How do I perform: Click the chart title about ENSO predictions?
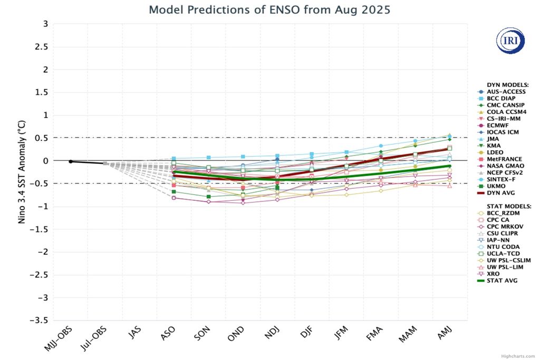pos(269,9)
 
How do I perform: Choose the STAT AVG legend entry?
pos(499,280)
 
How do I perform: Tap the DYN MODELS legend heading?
pos(500,84)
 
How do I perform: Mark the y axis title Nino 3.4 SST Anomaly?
pos(22,172)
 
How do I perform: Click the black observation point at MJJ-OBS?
pos(71,161)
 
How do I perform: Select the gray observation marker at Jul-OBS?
pos(105,164)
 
